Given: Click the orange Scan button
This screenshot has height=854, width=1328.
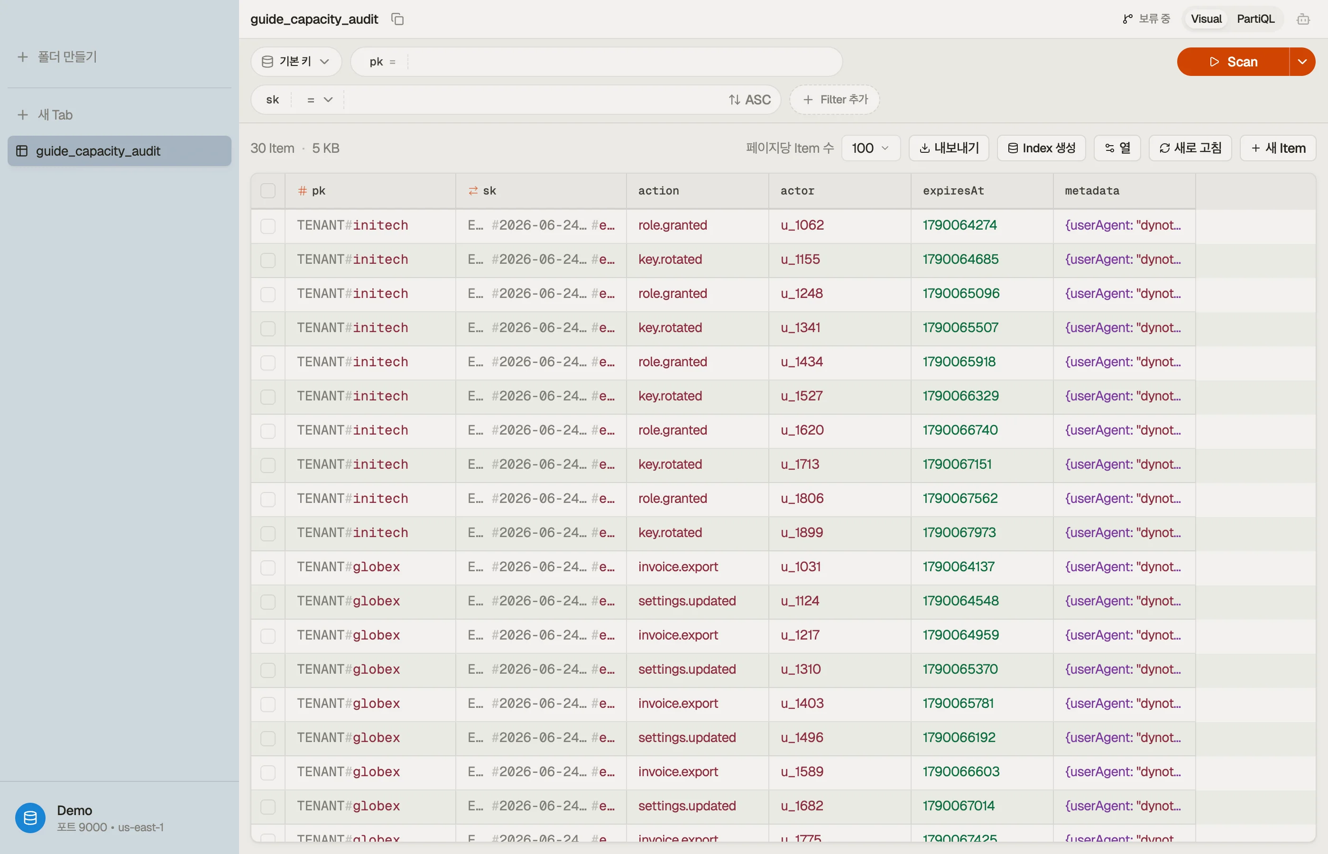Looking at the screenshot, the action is click(1233, 62).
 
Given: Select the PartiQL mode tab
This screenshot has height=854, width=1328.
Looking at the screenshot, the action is click(1255, 19).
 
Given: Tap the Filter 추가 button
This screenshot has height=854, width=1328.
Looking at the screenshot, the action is click(835, 100).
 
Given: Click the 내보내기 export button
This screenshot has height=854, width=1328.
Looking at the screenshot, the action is click(949, 148).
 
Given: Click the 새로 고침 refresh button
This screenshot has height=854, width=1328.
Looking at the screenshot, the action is click(1190, 148).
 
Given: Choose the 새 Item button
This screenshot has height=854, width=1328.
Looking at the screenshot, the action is click(1278, 148).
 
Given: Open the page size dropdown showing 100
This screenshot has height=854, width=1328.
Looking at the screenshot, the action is click(870, 148).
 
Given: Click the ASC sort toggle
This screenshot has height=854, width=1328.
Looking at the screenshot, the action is click(750, 100).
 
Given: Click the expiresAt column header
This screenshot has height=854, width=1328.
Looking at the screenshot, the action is click(953, 191).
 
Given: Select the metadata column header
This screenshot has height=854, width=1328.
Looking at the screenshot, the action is click(1092, 191).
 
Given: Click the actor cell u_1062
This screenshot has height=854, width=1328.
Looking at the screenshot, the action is click(802, 225).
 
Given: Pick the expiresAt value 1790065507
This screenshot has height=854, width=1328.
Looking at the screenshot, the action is click(960, 328).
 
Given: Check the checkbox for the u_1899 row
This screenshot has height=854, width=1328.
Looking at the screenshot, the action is click(267, 533).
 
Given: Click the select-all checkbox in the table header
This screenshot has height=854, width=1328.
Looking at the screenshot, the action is click(267, 191).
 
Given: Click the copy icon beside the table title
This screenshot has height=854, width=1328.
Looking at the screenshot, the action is click(397, 19).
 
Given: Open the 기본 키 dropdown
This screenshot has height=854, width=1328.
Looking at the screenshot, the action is click(296, 62).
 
